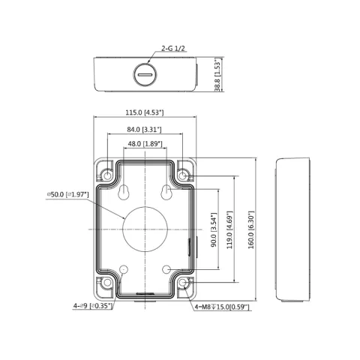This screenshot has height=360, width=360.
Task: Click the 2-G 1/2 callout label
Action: (173, 48)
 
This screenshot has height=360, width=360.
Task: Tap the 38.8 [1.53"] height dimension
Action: (217, 74)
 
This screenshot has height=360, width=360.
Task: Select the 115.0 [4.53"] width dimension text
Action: (145, 112)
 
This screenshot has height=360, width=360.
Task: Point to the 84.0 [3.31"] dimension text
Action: (144, 130)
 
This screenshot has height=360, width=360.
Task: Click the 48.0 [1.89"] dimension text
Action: (145, 144)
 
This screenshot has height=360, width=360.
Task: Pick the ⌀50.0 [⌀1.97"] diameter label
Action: (67, 194)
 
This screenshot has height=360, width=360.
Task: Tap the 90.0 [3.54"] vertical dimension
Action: (214, 229)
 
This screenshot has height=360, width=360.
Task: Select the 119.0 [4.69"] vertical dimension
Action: (229, 229)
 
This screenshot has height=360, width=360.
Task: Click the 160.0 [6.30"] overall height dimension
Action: (251, 229)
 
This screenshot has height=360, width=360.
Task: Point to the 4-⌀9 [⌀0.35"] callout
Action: (93, 306)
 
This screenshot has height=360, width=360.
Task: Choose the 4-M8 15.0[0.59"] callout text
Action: (222, 307)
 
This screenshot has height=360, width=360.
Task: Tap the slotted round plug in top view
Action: (145, 74)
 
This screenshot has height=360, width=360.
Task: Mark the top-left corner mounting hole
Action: (107, 175)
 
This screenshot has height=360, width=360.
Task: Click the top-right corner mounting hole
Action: (183, 175)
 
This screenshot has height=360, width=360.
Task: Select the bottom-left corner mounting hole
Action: (107, 283)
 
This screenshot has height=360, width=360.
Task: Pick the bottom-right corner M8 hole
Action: (183, 283)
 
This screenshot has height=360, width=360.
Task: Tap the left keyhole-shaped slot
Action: (123, 193)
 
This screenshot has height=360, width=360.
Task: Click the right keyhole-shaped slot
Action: (166, 193)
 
